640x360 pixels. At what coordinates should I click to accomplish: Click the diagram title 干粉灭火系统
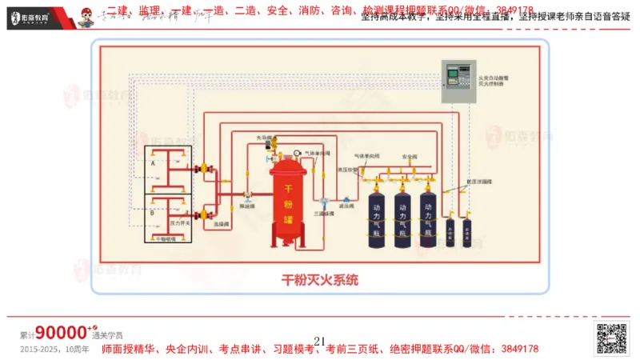pos(320,280)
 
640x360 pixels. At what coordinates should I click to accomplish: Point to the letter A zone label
pos(152,162)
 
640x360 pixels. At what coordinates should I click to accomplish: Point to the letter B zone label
pos(152,213)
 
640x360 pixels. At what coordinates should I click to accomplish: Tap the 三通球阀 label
pos(322,214)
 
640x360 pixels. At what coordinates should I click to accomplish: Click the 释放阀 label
pos(248,205)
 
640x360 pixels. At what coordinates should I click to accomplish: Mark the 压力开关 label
pos(180,222)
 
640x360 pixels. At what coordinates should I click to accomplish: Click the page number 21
pos(320,342)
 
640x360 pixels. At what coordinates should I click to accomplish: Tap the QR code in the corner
pos(611,339)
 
